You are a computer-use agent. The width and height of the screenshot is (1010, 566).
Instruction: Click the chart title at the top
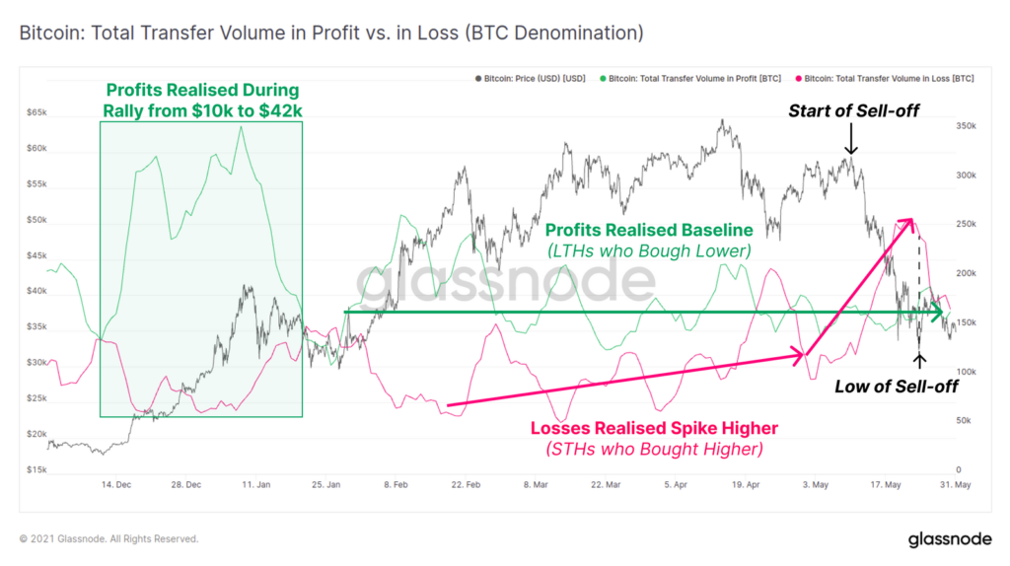331,34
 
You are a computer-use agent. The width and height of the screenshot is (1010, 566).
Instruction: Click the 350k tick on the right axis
966,127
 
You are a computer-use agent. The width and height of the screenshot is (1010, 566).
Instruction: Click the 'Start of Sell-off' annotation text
853,110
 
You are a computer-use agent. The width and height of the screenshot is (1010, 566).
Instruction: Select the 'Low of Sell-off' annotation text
896,386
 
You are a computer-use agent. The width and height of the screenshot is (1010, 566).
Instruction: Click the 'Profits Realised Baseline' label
649,230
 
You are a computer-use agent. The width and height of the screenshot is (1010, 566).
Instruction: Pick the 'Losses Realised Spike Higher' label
654,428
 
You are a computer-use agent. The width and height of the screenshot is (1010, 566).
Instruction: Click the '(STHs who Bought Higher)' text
654,451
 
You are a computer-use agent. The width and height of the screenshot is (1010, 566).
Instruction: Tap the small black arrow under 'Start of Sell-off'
852,144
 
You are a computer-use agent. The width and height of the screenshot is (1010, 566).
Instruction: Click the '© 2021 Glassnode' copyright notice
108,539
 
